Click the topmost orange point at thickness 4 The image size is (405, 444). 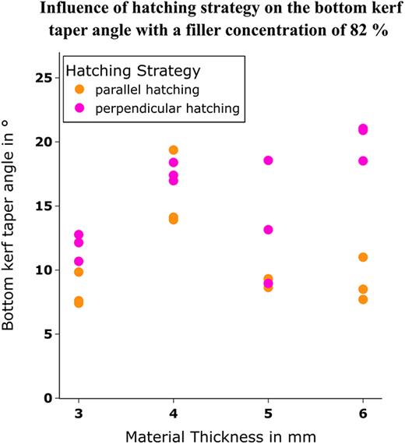(174, 150)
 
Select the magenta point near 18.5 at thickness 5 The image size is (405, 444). (268, 160)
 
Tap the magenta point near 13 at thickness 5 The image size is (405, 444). (268, 230)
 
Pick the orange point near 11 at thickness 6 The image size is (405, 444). (363, 257)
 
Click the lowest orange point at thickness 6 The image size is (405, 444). (363, 299)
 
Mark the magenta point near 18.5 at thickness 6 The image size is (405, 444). (363, 160)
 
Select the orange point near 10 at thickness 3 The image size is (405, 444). (79, 272)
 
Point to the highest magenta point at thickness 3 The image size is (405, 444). (79, 234)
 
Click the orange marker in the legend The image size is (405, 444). (78, 90)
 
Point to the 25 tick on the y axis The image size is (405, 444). (51, 78)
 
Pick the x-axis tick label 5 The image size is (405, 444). (268, 412)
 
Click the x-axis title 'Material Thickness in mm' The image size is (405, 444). (220, 433)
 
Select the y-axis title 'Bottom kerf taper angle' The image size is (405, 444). (11, 241)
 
